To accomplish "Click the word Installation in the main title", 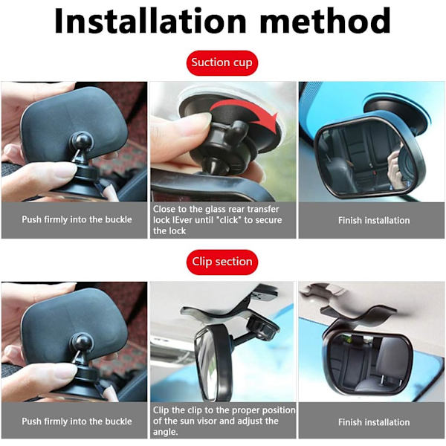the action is pos(150,21).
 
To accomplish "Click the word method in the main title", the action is pos(325,21).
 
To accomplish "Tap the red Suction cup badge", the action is pos(222,63).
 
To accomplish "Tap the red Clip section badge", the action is pos(222,262).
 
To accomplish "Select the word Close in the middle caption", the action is pos(164,209).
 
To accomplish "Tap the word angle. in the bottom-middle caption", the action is pos(166,433).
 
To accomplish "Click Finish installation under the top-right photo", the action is pos(374,221).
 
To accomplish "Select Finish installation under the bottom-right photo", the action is pos(374,422).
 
